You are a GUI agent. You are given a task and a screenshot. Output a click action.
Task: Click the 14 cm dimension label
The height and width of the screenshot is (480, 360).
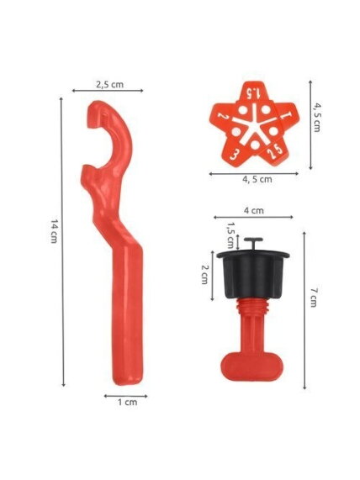(x=54, y=231)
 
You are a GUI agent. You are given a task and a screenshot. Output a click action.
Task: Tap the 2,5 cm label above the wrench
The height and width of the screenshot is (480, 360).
(x=109, y=85)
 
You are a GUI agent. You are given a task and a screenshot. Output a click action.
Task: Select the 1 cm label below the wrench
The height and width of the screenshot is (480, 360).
(x=128, y=402)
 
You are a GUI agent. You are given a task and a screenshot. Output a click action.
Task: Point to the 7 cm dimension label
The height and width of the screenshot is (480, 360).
(x=313, y=298)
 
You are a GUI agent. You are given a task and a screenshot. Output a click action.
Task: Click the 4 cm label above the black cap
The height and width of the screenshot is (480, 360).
(x=254, y=211)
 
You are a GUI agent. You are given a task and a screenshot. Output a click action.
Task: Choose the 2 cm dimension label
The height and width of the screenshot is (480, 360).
(x=204, y=274)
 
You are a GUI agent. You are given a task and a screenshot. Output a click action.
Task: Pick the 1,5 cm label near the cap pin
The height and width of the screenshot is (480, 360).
(x=230, y=235)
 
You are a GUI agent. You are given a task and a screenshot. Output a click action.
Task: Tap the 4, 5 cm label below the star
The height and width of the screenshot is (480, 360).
(x=257, y=179)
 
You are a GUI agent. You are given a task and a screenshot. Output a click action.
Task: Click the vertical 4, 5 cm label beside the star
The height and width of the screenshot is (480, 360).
(x=317, y=118)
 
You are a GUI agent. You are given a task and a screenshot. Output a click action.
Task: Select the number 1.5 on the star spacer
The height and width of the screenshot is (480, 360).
(x=254, y=92)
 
